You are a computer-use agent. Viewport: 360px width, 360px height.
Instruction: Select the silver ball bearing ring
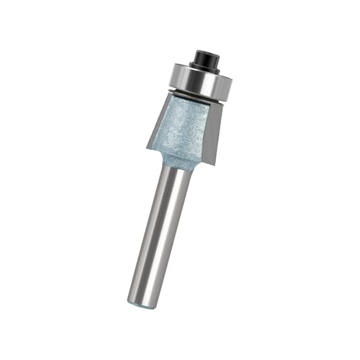pyautogui.click(x=193, y=80)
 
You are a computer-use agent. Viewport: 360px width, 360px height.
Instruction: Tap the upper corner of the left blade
pyautogui.click(x=170, y=93)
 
